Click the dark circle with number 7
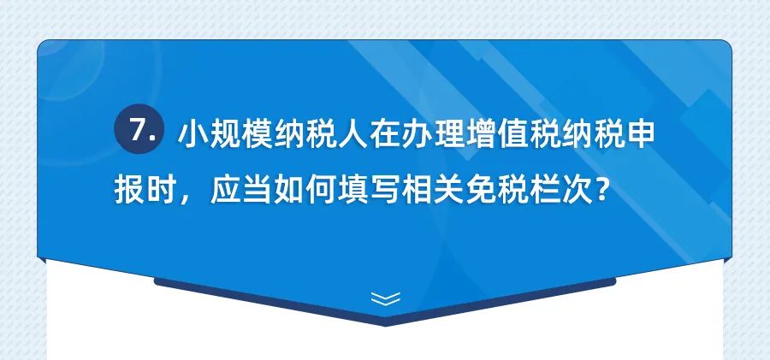coord(139,128)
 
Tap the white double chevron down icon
coord(386,298)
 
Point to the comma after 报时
coord(185,197)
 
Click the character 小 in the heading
coord(193,134)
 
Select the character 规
coord(225,134)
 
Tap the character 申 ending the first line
coord(640,134)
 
